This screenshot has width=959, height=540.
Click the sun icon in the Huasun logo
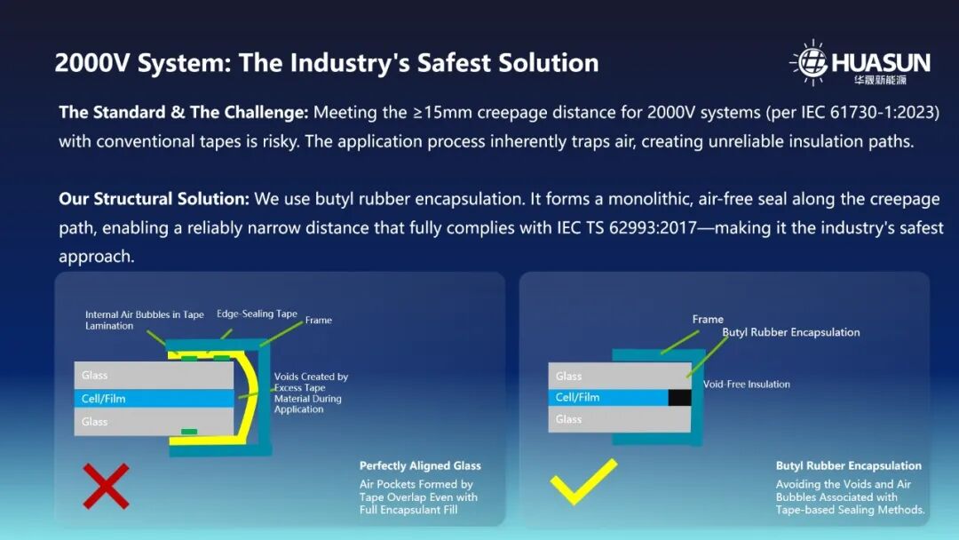[x=812, y=62]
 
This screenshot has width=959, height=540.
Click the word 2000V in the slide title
[x=92, y=63]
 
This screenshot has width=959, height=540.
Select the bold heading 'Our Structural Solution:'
[x=155, y=199]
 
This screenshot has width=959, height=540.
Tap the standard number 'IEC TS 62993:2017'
[x=626, y=228]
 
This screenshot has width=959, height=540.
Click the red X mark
[x=106, y=486]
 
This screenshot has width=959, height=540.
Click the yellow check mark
[x=583, y=481]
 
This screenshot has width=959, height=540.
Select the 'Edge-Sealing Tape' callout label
[x=257, y=314]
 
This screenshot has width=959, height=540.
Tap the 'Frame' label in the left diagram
[x=319, y=320]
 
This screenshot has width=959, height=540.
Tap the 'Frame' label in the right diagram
[x=708, y=319]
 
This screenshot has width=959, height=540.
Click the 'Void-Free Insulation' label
[x=747, y=384]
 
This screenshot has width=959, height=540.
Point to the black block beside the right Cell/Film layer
[x=679, y=398]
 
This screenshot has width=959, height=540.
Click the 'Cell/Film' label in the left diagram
[x=103, y=399]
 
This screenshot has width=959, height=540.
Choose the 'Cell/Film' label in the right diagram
[x=577, y=398]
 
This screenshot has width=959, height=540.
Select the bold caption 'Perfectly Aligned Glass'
[x=420, y=466]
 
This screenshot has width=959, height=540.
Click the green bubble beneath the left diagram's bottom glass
[x=189, y=432]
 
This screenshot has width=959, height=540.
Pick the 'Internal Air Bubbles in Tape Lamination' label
[x=145, y=320]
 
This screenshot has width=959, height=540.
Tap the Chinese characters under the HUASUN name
[x=880, y=80]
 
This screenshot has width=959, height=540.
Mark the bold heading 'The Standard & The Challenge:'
[x=184, y=113]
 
